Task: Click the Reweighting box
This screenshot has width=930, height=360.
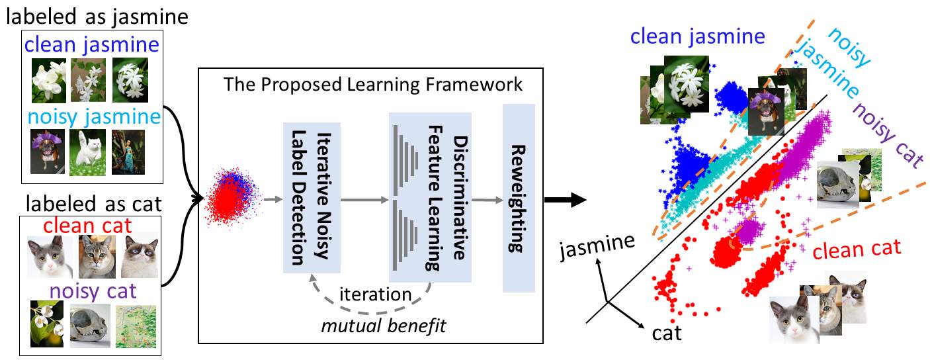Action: (519, 198)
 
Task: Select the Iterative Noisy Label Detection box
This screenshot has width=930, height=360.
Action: (312, 198)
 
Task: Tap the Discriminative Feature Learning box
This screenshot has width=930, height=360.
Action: (430, 197)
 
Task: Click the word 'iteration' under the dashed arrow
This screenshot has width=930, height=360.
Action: (375, 294)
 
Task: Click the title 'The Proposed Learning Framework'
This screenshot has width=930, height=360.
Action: (373, 84)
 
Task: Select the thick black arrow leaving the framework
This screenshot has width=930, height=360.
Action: (565, 200)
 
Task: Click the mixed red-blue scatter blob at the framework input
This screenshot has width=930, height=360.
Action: (233, 198)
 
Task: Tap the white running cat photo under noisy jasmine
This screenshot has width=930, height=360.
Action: (88, 152)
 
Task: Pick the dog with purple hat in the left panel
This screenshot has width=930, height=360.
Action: (48, 152)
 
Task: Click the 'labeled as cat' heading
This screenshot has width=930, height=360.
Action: (93, 204)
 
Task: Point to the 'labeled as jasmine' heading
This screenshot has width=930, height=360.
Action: (97, 17)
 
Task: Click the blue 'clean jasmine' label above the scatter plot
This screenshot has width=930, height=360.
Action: (697, 36)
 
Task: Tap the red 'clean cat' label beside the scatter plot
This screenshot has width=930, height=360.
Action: (857, 249)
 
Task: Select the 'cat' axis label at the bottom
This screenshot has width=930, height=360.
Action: (667, 334)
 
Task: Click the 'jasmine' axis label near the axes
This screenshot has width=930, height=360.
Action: (597, 246)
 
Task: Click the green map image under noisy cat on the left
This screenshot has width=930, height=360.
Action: (136, 326)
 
